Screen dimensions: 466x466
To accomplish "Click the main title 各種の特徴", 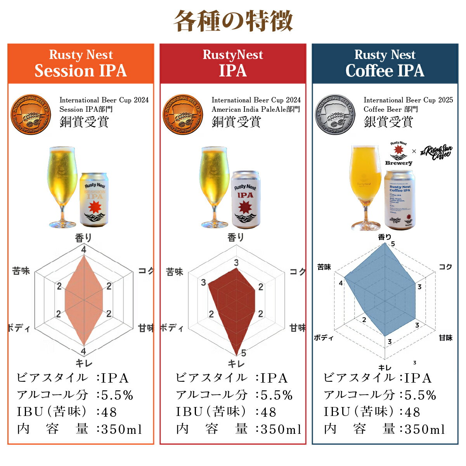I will [x=233, y=21].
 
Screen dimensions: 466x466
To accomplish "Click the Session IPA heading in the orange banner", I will [x=81, y=71].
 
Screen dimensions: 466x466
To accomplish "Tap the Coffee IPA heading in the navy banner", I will [x=385, y=71].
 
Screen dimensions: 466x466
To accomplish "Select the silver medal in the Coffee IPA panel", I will [x=335, y=114].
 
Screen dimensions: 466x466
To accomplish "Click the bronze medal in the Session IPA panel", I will [x=31, y=114].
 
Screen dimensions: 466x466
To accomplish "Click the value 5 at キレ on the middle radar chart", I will [x=243, y=353].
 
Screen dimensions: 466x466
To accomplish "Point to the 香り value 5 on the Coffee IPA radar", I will [x=393, y=244].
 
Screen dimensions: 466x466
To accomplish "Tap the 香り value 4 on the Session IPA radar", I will [x=84, y=250].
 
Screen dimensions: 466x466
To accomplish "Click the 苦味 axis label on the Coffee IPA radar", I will [x=324, y=267].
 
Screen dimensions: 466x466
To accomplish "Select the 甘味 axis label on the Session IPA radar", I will [x=146, y=328].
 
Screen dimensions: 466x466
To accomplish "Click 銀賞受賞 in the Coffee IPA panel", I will [x=388, y=122].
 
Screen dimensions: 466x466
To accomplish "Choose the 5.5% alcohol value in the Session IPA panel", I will [x=117, y=395].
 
